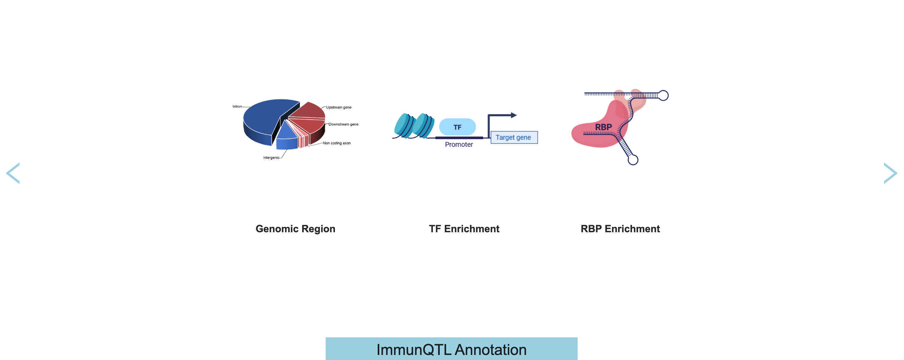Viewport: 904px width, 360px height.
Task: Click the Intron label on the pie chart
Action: tap(237, 106)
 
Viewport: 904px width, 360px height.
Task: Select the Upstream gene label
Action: tap(338, 107)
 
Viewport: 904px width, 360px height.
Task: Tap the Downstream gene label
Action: tap(343, 124)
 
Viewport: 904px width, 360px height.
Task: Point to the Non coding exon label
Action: tap(336, 143)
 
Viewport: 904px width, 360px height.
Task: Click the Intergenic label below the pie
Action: tap(271, 158)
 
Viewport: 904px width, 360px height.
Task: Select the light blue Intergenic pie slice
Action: tap(286, 138)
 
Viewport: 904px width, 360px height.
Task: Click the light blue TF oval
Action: tap(457, 127)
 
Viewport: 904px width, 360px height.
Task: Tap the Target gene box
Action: tap(514, 137)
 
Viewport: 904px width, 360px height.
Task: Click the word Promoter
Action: tap(459, 144)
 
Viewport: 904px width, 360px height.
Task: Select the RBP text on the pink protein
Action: tap(603, 127)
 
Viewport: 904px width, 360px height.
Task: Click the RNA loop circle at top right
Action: tap(663, 95)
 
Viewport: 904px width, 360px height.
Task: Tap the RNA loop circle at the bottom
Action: tap(633, 160)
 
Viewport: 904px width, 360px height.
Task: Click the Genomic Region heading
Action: tap(295, 229)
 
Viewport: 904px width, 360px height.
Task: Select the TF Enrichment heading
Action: tap(464, 229)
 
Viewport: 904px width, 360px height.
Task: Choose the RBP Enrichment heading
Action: tap(620, 229)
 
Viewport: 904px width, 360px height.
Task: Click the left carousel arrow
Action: tap(13, 173)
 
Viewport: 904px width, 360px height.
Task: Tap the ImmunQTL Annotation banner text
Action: tap(451, 350)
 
